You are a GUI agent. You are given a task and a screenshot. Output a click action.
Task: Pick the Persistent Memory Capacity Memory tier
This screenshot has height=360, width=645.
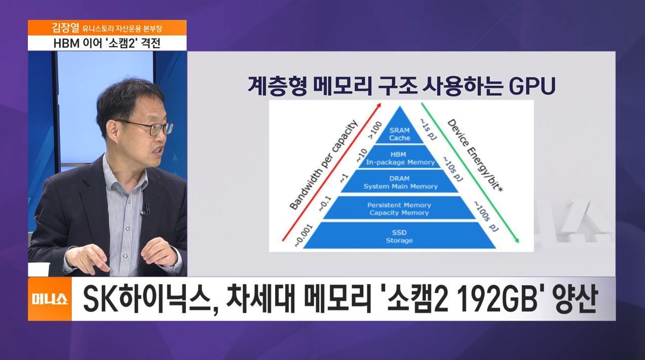coord(399,208)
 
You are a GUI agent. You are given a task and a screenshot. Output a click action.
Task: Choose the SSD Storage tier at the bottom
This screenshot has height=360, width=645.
coord(399,235)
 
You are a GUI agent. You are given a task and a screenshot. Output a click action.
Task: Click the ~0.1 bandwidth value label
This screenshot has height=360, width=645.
coord(325,204)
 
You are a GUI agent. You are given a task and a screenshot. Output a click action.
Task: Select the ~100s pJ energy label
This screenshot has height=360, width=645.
coord(486,216)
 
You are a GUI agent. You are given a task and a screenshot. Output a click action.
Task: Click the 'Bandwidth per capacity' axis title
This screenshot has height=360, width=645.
coord(323,165)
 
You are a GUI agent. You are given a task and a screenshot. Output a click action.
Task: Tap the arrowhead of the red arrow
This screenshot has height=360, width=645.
coord(379,105)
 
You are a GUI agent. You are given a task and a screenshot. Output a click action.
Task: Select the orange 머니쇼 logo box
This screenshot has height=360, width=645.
coord(50,299)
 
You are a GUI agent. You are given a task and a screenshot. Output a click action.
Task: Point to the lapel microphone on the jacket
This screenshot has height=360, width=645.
coord(145,210)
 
